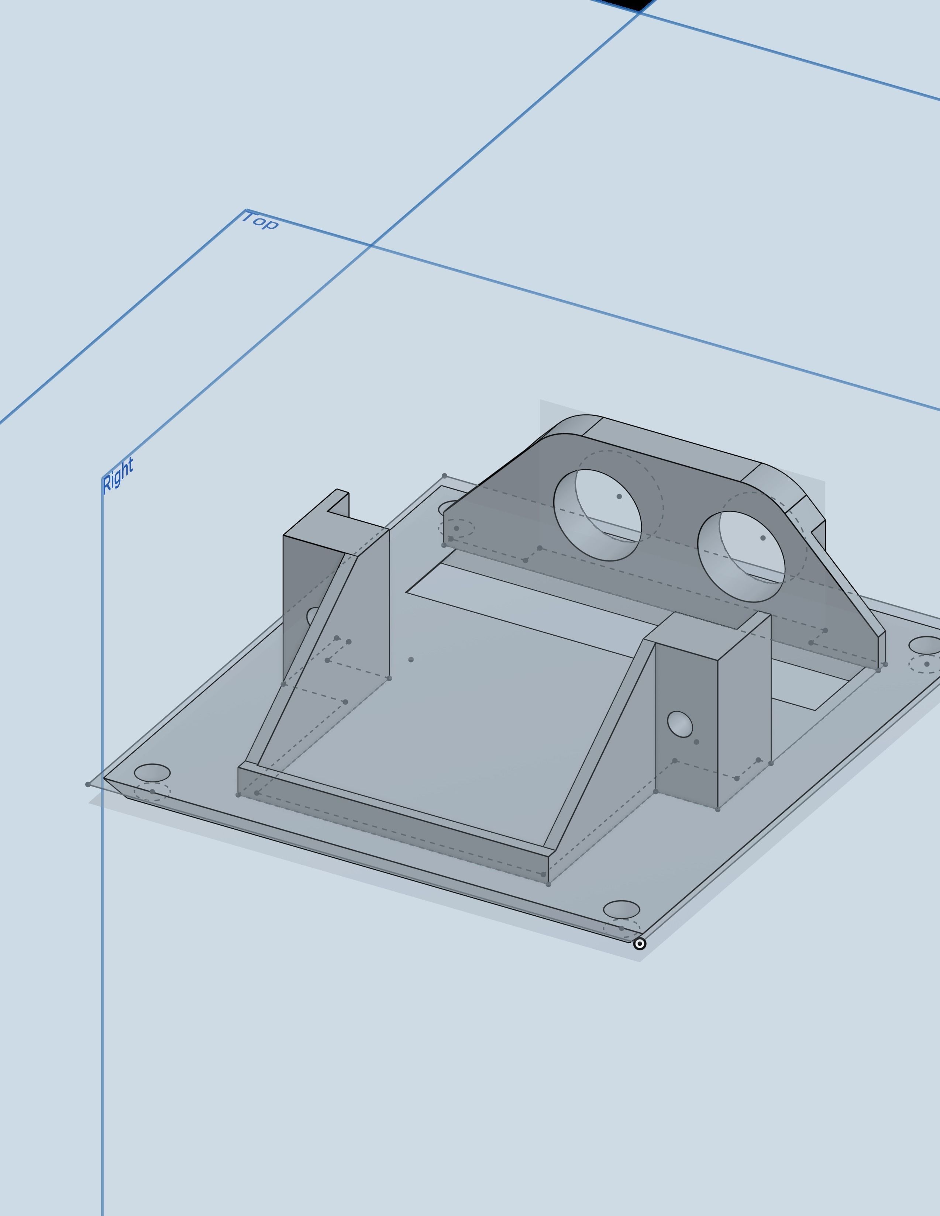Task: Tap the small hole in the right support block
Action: click(x=679, y=724)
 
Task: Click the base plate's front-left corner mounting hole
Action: click(x=152, y=773)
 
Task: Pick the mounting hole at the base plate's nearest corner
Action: click(x=621, y=909)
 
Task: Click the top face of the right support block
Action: click(x=707, y=635)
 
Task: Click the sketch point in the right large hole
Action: click(x=762, y=538)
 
